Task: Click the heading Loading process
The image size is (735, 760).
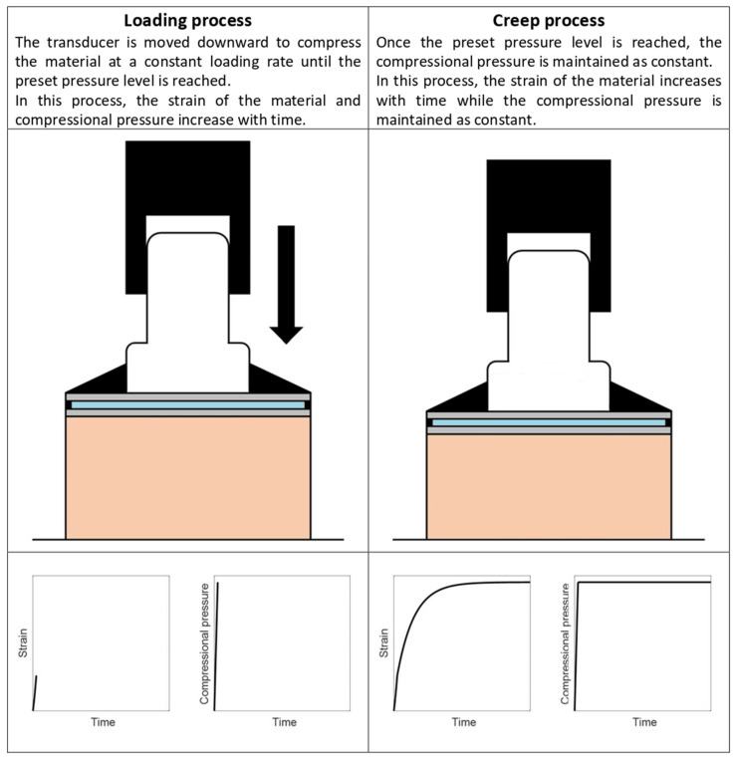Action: coord(187,21)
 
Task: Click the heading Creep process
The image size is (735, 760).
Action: coord(549,21)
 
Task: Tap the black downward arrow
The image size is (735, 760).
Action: coord(287,285)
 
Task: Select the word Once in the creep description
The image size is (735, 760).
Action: coord(393,43)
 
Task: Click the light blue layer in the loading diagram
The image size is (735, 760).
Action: coord(188,405)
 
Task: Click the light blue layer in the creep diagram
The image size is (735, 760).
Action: coord(549,422)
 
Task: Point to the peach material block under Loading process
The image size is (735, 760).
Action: coord(188,478)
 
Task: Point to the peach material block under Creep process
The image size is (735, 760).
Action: coord(549,487)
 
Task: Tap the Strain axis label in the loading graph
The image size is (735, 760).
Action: coord(23,643)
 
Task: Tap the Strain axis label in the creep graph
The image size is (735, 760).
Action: coord(383,643)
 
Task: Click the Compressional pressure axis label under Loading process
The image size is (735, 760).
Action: coord(204,643)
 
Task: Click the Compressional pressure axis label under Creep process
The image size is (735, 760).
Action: coord(565,643)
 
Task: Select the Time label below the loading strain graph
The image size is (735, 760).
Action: coord(104,722)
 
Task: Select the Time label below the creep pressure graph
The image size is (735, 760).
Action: coord(645,722)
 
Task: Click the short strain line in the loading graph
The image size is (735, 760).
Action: coord(35,693)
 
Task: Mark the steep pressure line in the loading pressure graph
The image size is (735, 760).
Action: coord(216,646)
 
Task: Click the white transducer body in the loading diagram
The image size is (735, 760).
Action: coord(188,310)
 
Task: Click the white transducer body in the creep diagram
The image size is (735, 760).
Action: coord(549,330)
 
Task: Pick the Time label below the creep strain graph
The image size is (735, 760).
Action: coord(464,722)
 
